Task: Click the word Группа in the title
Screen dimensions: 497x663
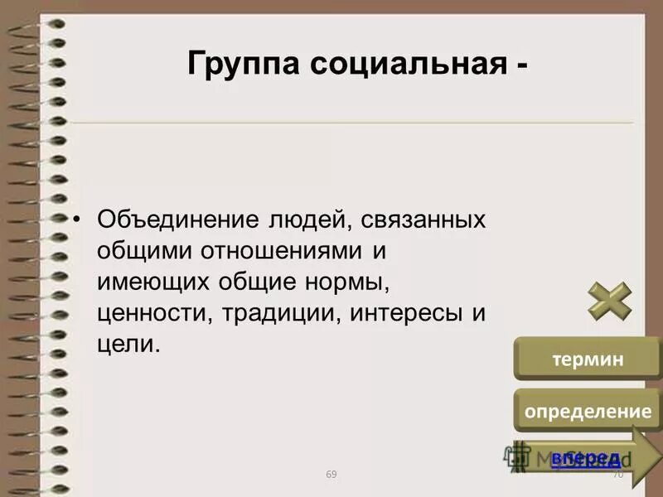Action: (x=241, y=63)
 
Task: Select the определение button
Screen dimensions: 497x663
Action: (x=586, y=411)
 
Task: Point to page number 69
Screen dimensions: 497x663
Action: (x=331, y=474)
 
